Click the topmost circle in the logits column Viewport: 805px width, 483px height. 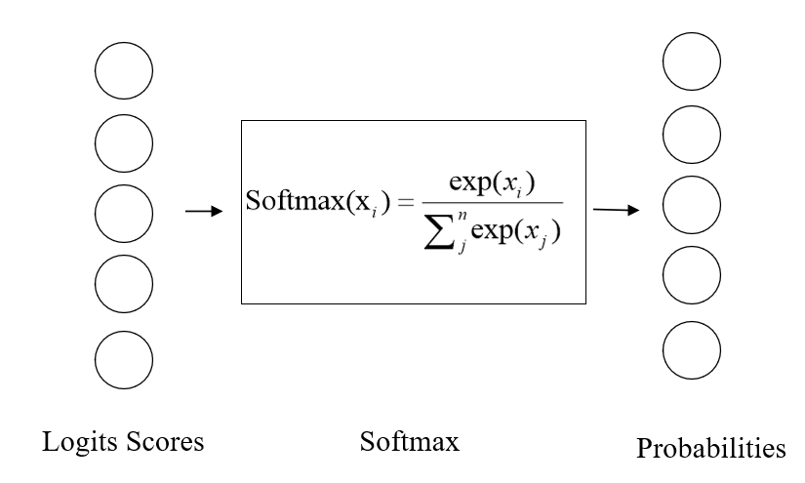(x=124, y=70)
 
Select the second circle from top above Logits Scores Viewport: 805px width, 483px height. (x=124, y=141)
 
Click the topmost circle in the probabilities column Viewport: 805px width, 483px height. (x=692, y=60)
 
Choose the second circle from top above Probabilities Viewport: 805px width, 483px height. (x=692, y=134)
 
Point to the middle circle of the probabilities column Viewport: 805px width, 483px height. (x=692, y=206)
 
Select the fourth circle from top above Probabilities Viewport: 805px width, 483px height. (x=692, y=279)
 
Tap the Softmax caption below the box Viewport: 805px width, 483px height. (x=409, y=441)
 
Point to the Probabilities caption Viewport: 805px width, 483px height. (x=709, y=449)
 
